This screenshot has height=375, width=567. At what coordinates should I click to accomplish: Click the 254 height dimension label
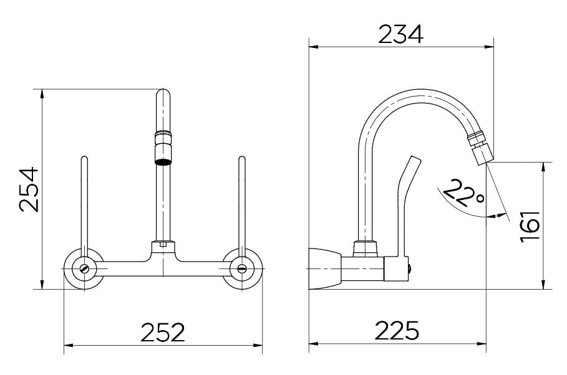pyautogui.click(x=29, y=189)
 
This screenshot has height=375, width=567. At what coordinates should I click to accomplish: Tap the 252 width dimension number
pyautogui.click(x=163, y=332)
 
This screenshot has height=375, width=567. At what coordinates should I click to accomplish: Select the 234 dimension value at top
pyautogui.click(x=400, y=34)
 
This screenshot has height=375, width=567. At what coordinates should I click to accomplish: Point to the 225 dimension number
pyautogui.click(x=397, y=330)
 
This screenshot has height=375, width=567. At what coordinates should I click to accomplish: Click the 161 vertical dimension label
pyautogui.click(x=530, y=227)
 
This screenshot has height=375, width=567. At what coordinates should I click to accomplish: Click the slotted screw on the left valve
pyautogui.click(x=84, y=268)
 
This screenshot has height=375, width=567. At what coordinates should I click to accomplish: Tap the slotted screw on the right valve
pyautogui.click(x=242, y=268)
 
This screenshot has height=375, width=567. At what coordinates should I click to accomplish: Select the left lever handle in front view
pyautogui.click(x=84, y=206)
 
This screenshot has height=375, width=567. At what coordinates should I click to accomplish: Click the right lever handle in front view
pyautogui.click(x=242, y=206)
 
